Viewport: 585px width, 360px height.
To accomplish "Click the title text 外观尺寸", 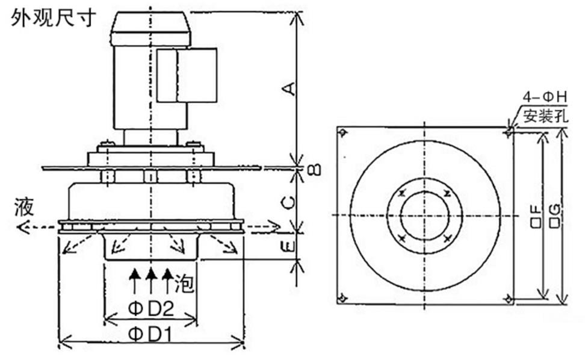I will [x=54, y=18].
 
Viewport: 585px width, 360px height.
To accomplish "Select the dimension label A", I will [x=291, y=88].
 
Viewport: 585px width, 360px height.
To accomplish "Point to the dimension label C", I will [x=289, y=203].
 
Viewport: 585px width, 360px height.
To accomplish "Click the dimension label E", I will [x=289, y=246].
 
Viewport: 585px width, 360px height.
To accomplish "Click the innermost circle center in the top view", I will [x=425, y=216].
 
